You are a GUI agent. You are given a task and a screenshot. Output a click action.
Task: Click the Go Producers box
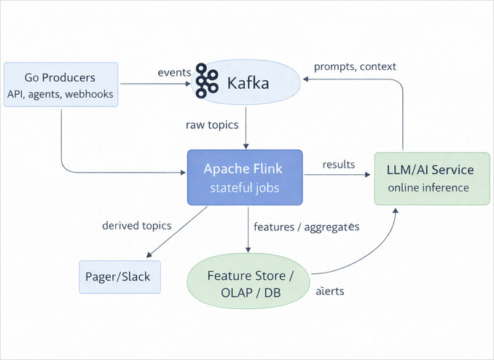[60, 85]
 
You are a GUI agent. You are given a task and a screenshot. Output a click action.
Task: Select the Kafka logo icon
[207, 82]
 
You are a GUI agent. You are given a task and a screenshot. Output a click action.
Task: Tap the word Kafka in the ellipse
[248, 83]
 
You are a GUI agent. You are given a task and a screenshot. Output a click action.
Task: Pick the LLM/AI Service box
[431, 179]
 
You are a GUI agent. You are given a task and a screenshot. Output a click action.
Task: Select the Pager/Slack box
[119, 278]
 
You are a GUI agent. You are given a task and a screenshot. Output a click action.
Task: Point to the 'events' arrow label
[174, 72]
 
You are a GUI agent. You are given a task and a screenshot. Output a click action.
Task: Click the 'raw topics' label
[212, 125]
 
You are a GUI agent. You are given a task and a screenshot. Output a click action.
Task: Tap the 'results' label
[338, 164]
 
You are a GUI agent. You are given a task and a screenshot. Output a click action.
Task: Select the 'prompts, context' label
[355, 66]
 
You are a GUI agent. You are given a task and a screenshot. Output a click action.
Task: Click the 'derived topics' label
[137, 225]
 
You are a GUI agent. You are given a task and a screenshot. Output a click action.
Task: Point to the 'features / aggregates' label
[307, 227]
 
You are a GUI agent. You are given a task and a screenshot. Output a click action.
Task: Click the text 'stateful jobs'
[244, 189]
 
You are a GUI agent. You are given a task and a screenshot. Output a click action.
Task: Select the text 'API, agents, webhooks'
[60, 93]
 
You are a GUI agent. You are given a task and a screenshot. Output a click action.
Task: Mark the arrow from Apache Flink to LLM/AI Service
[338, 174]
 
